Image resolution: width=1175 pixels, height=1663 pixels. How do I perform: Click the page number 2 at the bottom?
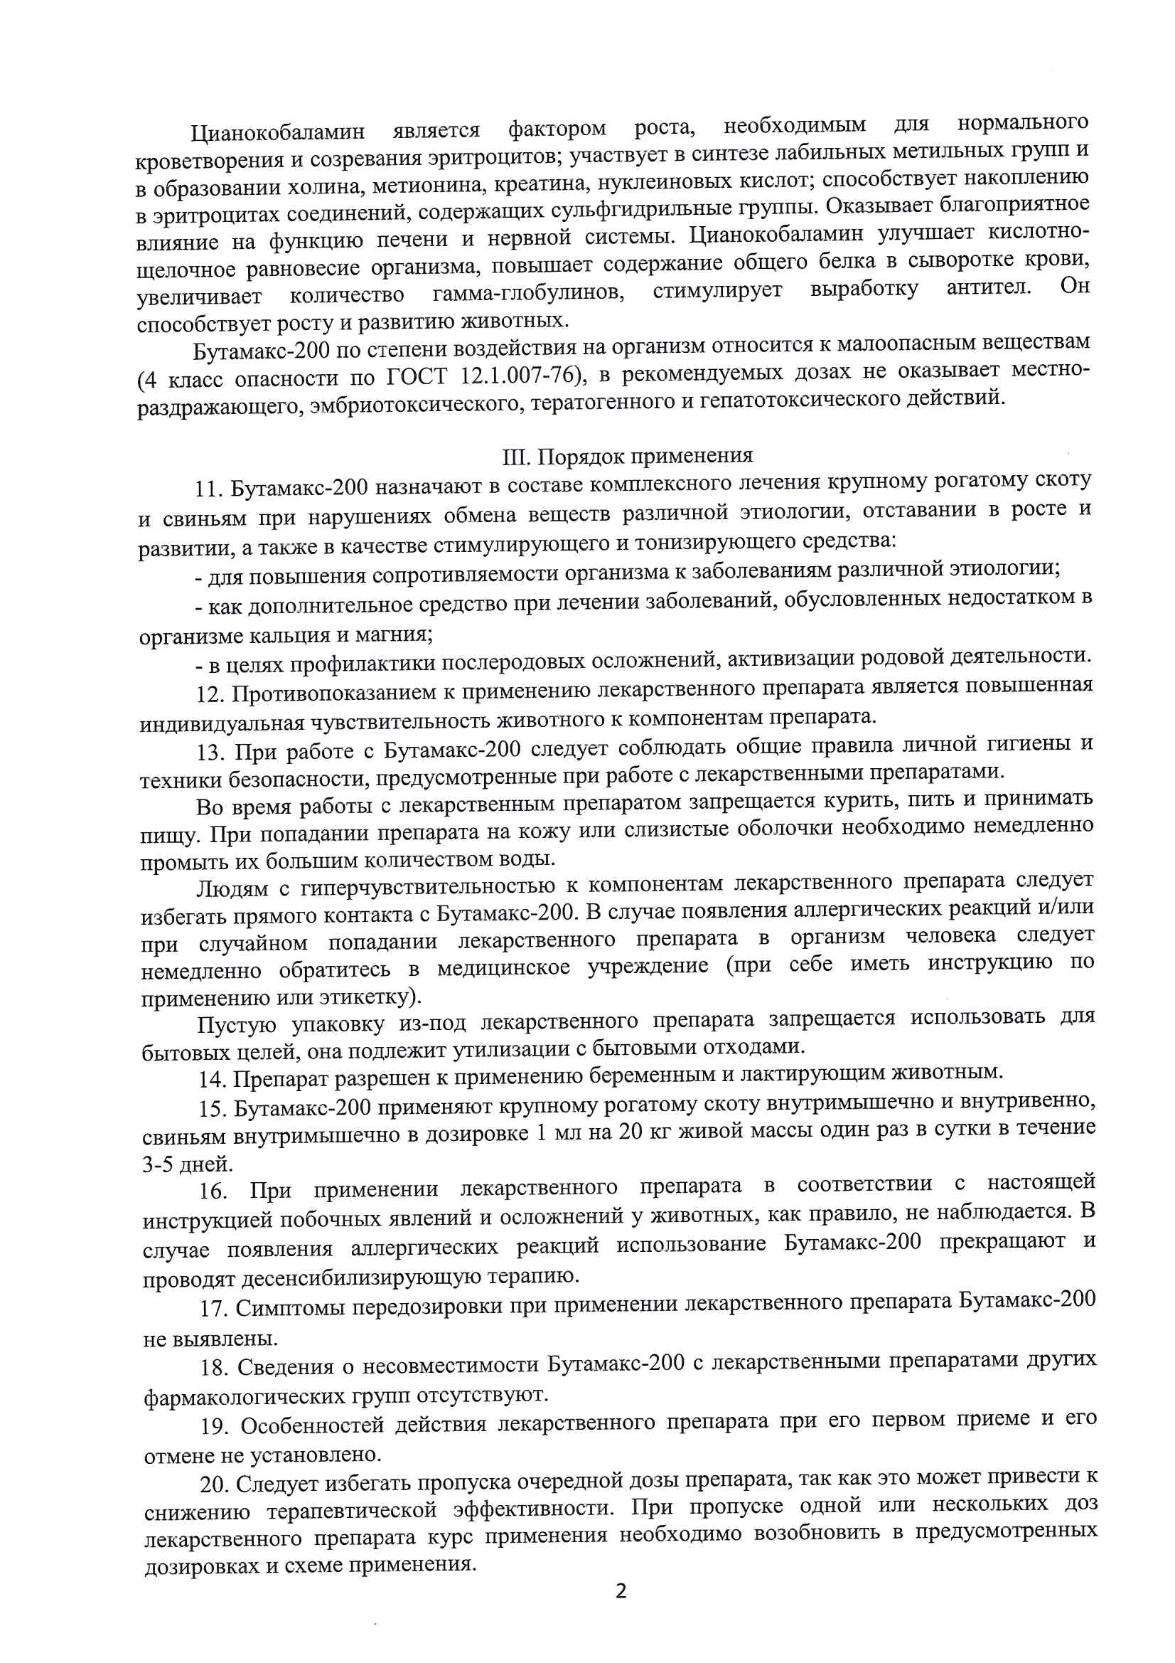620,1590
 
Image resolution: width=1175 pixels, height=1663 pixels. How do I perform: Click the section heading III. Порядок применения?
627,456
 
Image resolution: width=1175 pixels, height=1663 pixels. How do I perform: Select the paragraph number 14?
213,1080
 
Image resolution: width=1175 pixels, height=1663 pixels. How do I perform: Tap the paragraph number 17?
214,1308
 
